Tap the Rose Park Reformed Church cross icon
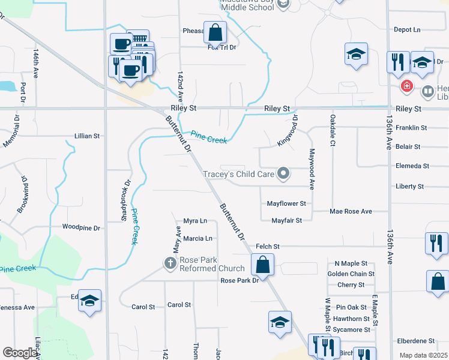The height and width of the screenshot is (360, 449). [170, 263]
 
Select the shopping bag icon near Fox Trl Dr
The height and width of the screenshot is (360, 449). [215, 32]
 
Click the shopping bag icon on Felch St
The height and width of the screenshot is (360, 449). [262, 265]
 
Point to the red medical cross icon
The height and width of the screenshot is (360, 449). [407, 86]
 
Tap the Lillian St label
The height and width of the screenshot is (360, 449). [87, 136]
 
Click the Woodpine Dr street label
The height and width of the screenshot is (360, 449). [81, 227]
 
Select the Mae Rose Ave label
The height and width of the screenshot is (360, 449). [351, 211]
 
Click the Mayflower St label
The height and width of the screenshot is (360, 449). [287, 203]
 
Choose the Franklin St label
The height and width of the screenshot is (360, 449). [411, 128]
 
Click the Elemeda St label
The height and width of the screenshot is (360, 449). [412, 166]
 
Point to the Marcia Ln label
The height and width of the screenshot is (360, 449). [197, 238]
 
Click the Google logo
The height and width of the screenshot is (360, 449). [19, 353]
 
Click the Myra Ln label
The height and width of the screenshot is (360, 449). [195, 221]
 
